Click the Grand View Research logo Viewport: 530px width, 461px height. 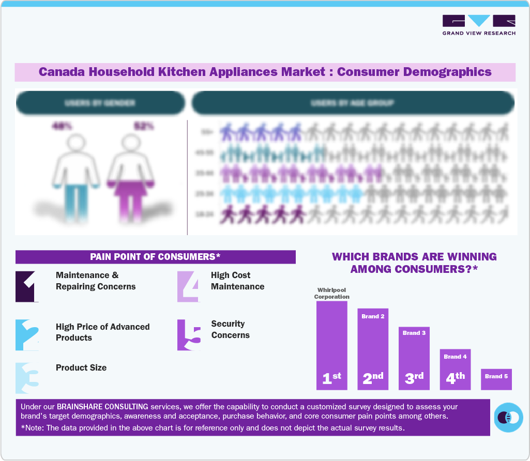(x=479, y=25)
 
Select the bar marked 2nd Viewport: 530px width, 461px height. (x=373, y=349)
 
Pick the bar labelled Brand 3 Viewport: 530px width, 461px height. (x=414, y=358)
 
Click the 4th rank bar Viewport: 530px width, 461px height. (x=455, y=369)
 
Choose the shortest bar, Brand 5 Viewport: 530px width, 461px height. (x=496, y=379)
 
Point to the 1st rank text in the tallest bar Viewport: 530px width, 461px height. (x=331, y=378)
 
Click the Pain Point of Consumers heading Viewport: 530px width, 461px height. (x=155, y=257)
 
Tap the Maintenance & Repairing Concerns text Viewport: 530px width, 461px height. (x=96, y=281)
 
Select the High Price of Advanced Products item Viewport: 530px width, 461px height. (x=102, y=332)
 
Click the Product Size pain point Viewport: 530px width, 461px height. (x=81, y=367)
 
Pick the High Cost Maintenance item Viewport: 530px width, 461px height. (x=237, y=281)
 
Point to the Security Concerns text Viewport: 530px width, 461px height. (x=230, y=329)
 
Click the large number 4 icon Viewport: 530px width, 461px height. (x=188, y=286)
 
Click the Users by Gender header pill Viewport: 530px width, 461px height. (x=100, y=103)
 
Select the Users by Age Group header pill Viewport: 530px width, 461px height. (x=353, y=103)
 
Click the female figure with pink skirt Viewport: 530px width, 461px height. (x=131, y=176)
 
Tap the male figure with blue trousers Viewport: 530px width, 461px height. (x=77, y=176)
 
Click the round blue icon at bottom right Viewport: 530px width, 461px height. (x=508, y=417)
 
